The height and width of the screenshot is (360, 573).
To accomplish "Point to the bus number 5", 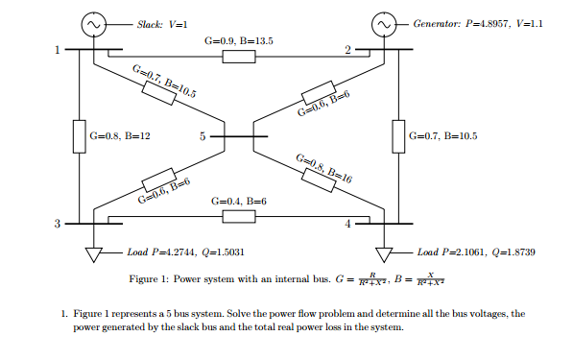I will (x=203, y=137).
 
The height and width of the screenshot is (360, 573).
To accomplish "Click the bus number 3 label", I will (x=57, y=225).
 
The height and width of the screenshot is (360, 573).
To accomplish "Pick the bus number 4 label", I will (x=347, y=225).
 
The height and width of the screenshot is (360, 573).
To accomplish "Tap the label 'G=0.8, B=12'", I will (x=120, y=137).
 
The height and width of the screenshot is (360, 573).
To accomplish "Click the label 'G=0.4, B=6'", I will (x=239, y=201).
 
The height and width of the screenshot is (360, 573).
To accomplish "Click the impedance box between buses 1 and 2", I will (x=239, y=58).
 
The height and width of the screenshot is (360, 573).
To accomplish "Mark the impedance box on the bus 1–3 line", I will (x=81, y=136).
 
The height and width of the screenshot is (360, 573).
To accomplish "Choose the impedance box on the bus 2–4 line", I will (x=398, y=136).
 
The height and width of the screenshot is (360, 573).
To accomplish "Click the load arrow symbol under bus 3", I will (x=94, y=255).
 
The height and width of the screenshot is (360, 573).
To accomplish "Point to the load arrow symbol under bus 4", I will (x=384, y=255).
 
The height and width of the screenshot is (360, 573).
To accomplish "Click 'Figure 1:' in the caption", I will (x=152, y=280).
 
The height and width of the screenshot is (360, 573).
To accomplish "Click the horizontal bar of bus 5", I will (x=239, y=137).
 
